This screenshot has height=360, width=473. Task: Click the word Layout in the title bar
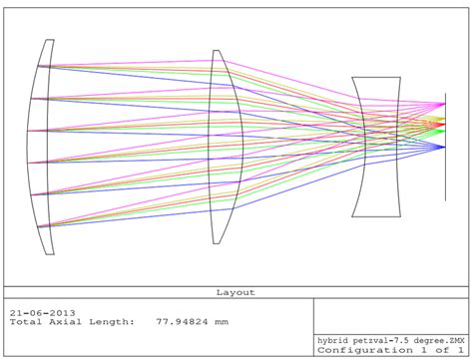click(236, 292)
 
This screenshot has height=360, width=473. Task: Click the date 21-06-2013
click(43, 313)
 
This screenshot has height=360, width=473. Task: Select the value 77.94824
click(182, 322)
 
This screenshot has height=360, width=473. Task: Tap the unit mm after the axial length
click(222, 322)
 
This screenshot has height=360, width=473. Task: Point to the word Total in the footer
click(26, 322)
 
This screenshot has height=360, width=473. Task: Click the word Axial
click(65, 322)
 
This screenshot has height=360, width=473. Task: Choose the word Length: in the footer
click(112, 322)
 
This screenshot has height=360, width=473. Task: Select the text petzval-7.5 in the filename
click(381, 341)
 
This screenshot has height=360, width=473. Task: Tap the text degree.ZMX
click(439, 341)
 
